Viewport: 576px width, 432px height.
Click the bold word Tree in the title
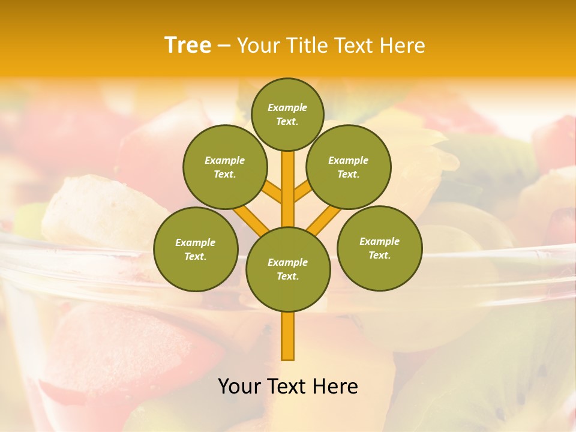coord(188,45)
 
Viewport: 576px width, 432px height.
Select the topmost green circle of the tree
coord(287,114)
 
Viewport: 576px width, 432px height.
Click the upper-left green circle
coord(225,167)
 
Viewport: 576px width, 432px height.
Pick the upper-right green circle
coord(349,167)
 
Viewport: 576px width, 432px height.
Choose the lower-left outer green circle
coord(196,249)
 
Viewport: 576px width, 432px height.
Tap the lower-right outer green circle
coord(380,248)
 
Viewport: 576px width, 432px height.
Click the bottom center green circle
coord(288,269)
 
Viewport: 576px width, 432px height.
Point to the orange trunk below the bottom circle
coord(288,336)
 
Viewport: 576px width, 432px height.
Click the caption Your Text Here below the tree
coord(288,386)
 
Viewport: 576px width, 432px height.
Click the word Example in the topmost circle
coord(287,107)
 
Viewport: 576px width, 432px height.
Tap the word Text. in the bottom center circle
coord(287,276)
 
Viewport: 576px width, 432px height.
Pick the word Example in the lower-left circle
coord(195,242)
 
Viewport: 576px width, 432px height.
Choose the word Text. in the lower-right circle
coord(379,255)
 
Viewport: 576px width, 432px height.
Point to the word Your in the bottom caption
coord(239,386)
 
